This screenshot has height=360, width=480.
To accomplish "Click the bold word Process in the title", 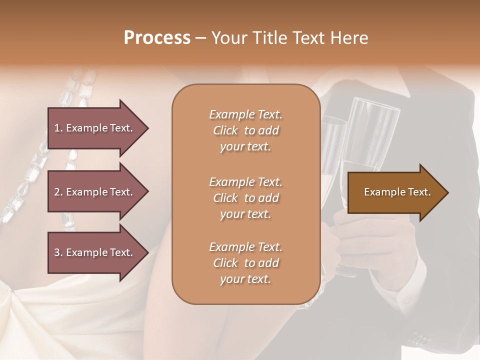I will pos(157,38).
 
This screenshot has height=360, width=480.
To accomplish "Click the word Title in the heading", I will pos(270,38).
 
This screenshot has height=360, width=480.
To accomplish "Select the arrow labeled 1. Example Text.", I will pos(95,128).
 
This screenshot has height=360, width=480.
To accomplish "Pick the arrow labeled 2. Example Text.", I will pos(95,192).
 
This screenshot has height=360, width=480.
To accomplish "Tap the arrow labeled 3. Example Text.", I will pos(95,252).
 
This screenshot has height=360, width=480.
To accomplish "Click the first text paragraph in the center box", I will pos(245,130).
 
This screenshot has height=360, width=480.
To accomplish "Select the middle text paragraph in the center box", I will pos(245,198).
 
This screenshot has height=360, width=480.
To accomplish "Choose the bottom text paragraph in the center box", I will pos(245,263).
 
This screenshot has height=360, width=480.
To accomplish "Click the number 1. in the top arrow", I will pos(58,128).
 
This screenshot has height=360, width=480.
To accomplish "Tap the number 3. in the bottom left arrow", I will pos(58,252).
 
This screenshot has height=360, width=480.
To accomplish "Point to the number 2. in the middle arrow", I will pos(58,192).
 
